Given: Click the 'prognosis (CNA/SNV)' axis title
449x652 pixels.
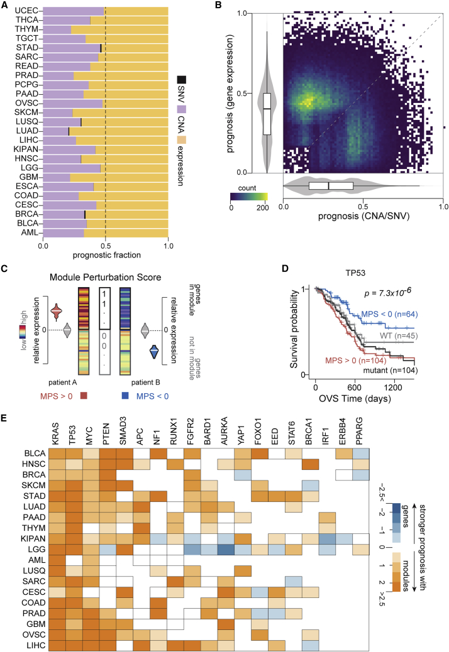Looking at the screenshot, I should tap(363, 217).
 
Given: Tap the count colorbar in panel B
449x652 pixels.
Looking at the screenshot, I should tap(249, 196).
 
